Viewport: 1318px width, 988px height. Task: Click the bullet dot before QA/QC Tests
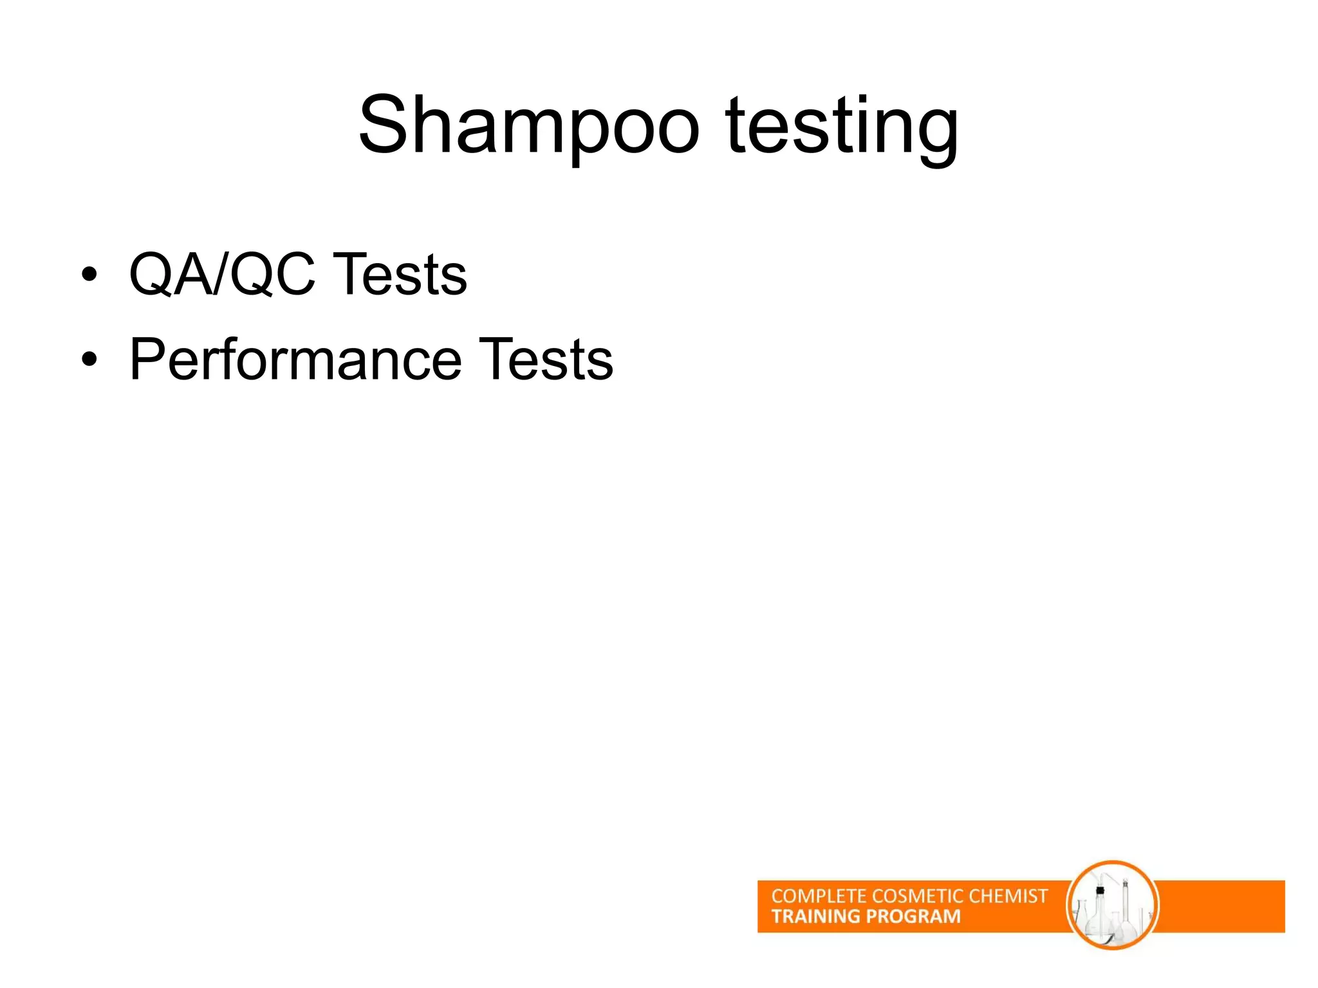pyautogui.click(x=89, y=275)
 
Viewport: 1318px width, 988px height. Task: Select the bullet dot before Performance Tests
pyautogui.click(x=89, y=360)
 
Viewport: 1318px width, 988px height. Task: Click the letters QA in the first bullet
pyautogui.click(x=171, y=275)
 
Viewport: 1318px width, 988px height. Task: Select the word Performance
pyautogui.click(x=296, y=360)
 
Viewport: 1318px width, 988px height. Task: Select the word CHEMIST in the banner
pyautogui.click(x=1008, y=896)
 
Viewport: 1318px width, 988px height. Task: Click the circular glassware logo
pyautogui.click(x=1113, y=906)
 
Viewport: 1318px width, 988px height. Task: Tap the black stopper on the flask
pyautogui.click(x=1100, y=890)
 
